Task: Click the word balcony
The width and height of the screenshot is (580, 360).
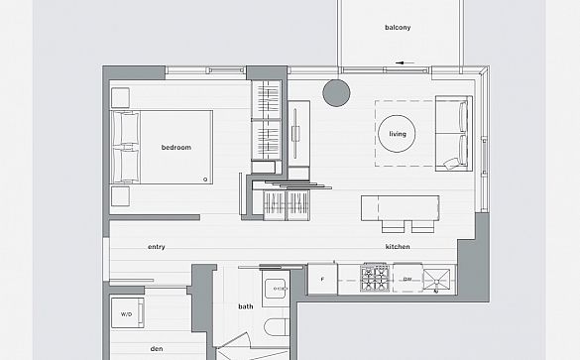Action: point(398,28)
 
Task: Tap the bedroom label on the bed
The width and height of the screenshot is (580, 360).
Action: point(176,147)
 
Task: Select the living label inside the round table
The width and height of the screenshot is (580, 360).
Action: point(398,134)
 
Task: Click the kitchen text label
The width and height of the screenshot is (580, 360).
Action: point(398,247)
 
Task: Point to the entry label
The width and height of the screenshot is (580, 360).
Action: point(157,247)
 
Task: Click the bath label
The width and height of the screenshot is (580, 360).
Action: point(246,306)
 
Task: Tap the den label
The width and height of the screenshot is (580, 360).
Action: point(157,348)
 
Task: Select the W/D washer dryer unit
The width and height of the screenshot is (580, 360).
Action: point(127,313)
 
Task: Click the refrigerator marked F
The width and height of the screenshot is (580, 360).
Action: point(322,279)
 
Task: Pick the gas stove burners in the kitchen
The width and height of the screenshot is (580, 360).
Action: point(375,278)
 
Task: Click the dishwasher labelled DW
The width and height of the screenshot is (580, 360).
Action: point(407,279)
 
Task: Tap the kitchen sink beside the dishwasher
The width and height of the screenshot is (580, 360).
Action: point(436,280)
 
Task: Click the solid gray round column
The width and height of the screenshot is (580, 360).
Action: point(336,93)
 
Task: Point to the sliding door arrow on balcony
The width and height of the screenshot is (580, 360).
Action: point(405,62)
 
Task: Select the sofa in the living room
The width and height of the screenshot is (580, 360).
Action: point(454,133)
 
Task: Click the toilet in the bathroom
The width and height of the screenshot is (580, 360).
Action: point(277,326)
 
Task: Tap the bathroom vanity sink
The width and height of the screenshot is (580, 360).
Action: point(276,289)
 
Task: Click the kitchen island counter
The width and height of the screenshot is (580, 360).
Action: point(401,208)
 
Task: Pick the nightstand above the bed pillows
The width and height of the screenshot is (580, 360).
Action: point(120,97)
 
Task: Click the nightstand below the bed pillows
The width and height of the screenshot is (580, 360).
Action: point(120,196)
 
